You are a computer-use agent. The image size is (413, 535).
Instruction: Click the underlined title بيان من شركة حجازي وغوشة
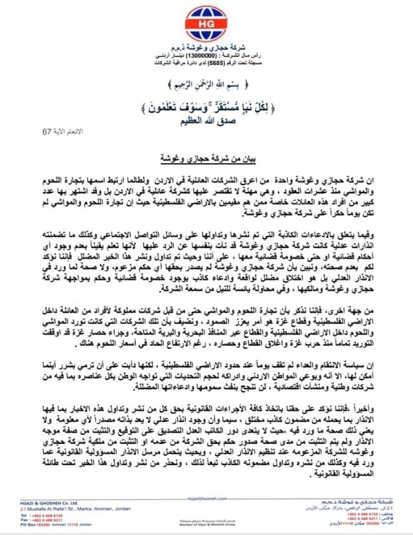(206, 160)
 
